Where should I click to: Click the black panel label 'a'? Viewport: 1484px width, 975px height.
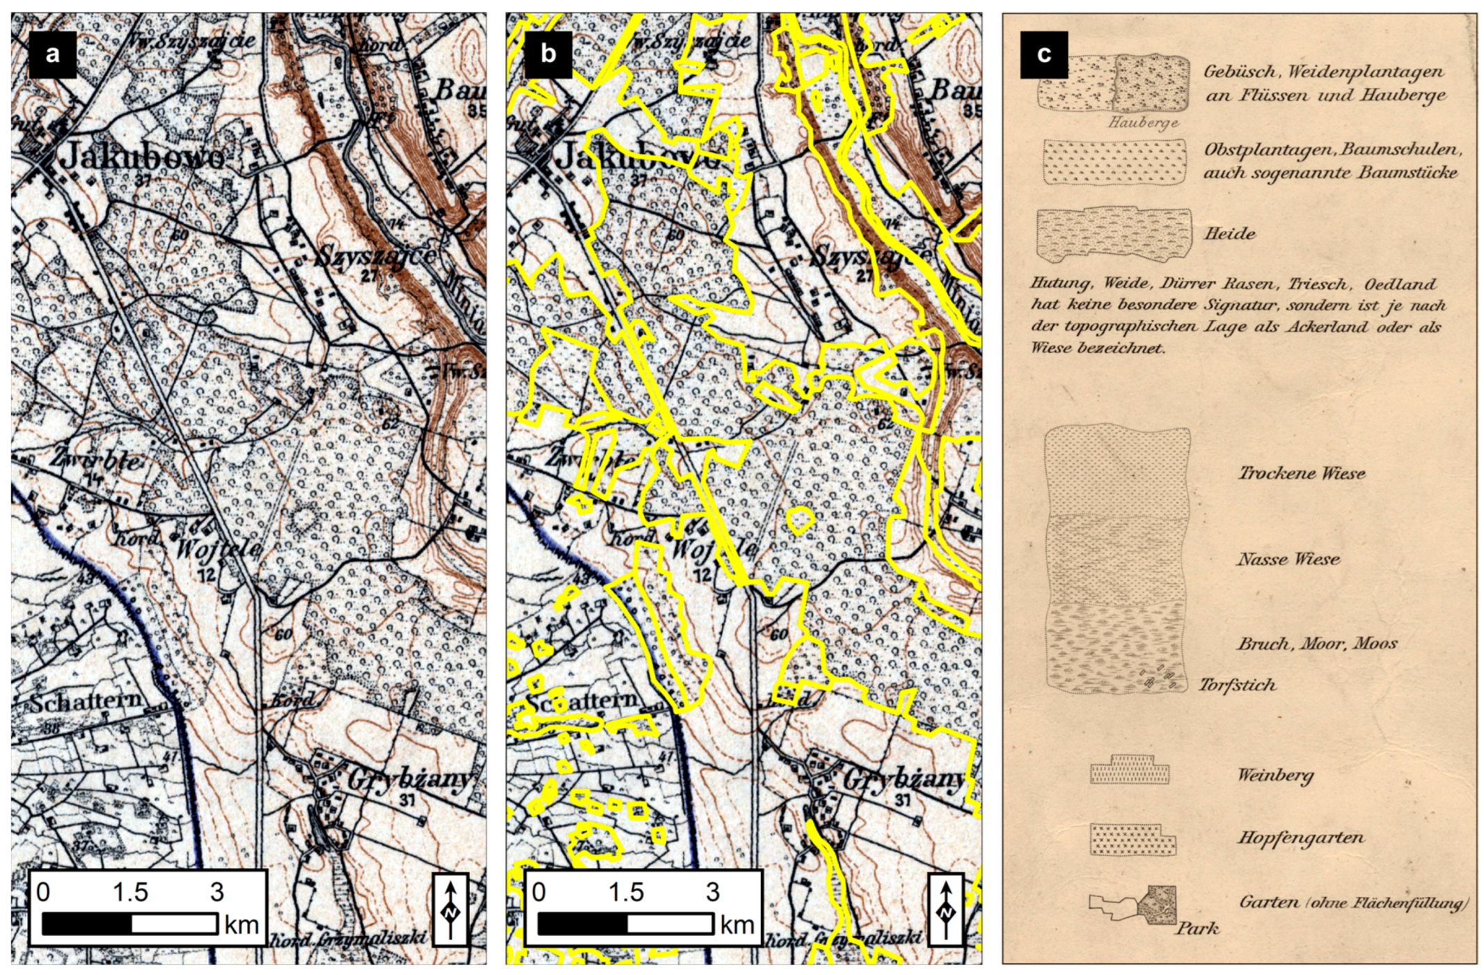53,54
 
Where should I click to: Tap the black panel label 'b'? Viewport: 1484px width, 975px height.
548,54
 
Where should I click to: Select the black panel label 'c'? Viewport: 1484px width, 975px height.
1043,54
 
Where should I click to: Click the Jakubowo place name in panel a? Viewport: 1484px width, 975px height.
142,157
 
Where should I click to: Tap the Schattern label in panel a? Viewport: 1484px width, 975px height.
86,701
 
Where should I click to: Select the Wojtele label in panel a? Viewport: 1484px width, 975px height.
218,548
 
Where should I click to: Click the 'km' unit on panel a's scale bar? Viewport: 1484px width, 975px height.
242,925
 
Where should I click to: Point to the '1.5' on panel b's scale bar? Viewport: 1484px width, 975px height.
626,892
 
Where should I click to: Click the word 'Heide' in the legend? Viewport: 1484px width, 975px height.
1230,233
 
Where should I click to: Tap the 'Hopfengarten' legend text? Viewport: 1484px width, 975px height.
1300,838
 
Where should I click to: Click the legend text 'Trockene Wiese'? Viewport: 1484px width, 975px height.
1301,473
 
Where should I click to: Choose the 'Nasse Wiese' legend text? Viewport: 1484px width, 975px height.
1288,559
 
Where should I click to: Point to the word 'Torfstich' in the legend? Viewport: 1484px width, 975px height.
1237,685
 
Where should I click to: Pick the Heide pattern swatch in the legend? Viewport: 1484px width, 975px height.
1112,234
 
